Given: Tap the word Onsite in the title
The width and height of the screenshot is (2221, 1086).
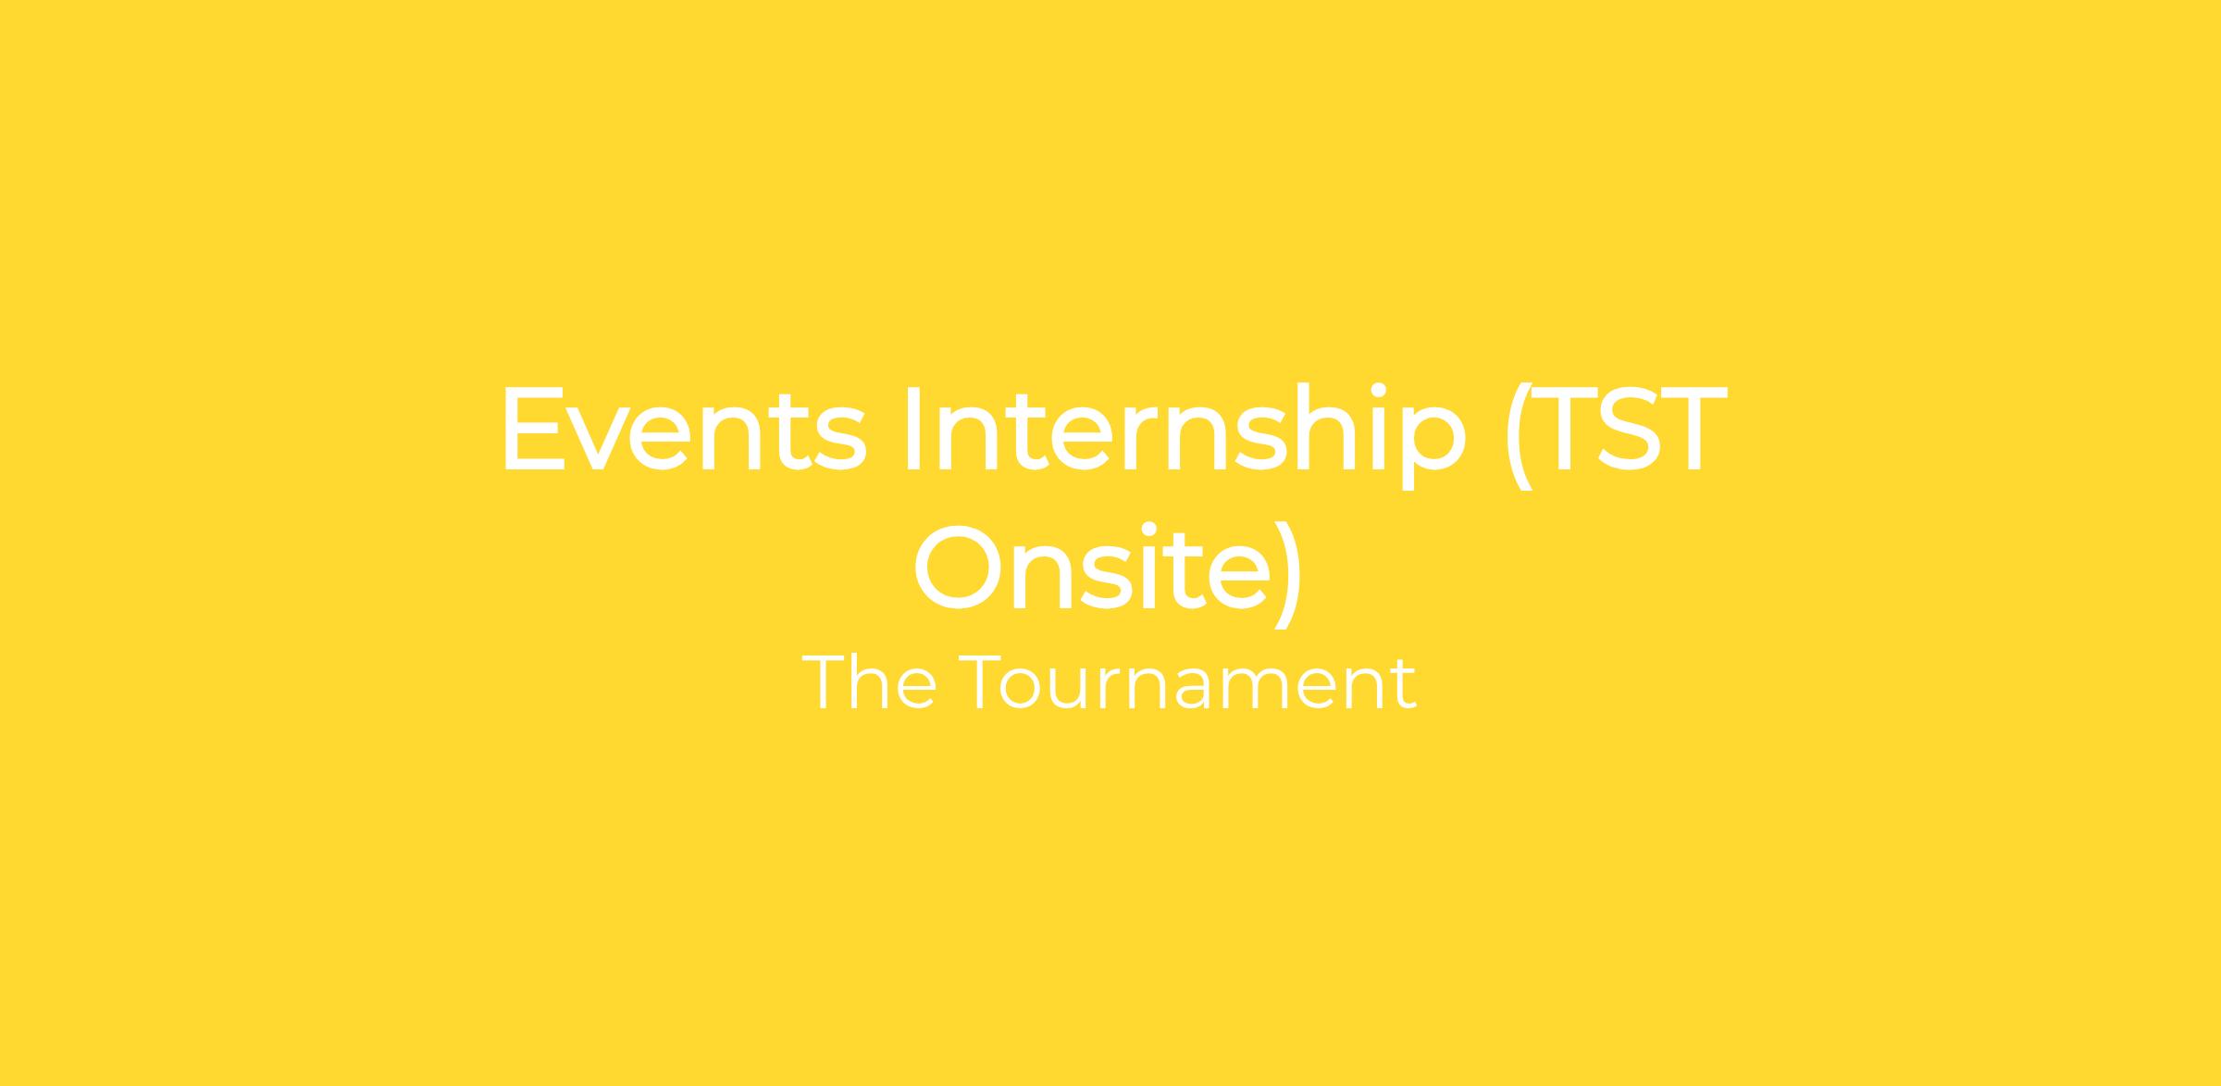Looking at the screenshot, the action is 1092,567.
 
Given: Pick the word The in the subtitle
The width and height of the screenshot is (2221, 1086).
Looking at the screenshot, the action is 869,683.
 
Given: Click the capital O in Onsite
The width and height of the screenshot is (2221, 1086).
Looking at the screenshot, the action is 958,568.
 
